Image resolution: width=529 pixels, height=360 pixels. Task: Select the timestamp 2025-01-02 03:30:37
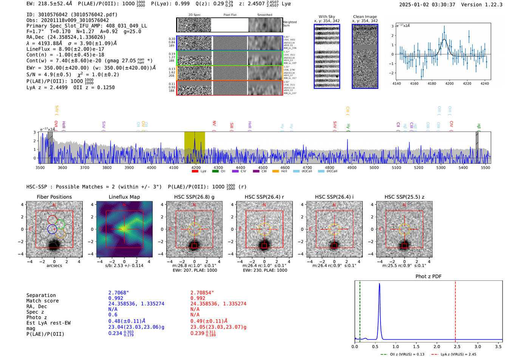(x=427, y=5)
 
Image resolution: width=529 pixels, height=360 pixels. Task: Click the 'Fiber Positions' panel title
(x=54, y=197)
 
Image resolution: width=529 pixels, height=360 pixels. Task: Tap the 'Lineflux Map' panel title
(x=124, y=197)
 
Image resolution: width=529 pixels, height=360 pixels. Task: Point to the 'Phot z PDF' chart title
(x=428, y=277)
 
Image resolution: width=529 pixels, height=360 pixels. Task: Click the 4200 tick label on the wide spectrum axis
(x=196, y=168)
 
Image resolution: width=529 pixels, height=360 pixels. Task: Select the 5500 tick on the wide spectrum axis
(x=485, y=168)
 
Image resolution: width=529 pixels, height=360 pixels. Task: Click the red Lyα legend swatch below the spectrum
(x=195, y=172)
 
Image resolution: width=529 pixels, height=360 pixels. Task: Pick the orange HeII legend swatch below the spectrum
(x=275, y=172)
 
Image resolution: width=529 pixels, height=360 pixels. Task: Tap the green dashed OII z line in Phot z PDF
(x=360, y=310)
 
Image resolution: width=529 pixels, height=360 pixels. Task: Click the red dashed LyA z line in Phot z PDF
(x=455, y=310)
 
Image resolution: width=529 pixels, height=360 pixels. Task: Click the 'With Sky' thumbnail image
(x=327, y=56)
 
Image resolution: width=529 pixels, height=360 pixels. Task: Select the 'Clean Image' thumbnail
(x=365, y=56)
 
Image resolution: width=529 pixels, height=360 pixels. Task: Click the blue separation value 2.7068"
(x=118, y=293)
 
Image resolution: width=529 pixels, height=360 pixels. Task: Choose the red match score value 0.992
(x=198, y=298)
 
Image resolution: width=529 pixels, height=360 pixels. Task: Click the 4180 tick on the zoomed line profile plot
(x=432, y=83)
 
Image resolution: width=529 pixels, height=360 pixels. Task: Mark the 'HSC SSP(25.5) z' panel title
(x=404, y=197)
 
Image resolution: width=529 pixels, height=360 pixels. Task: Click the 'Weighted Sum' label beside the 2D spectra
(x=289, y=24)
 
